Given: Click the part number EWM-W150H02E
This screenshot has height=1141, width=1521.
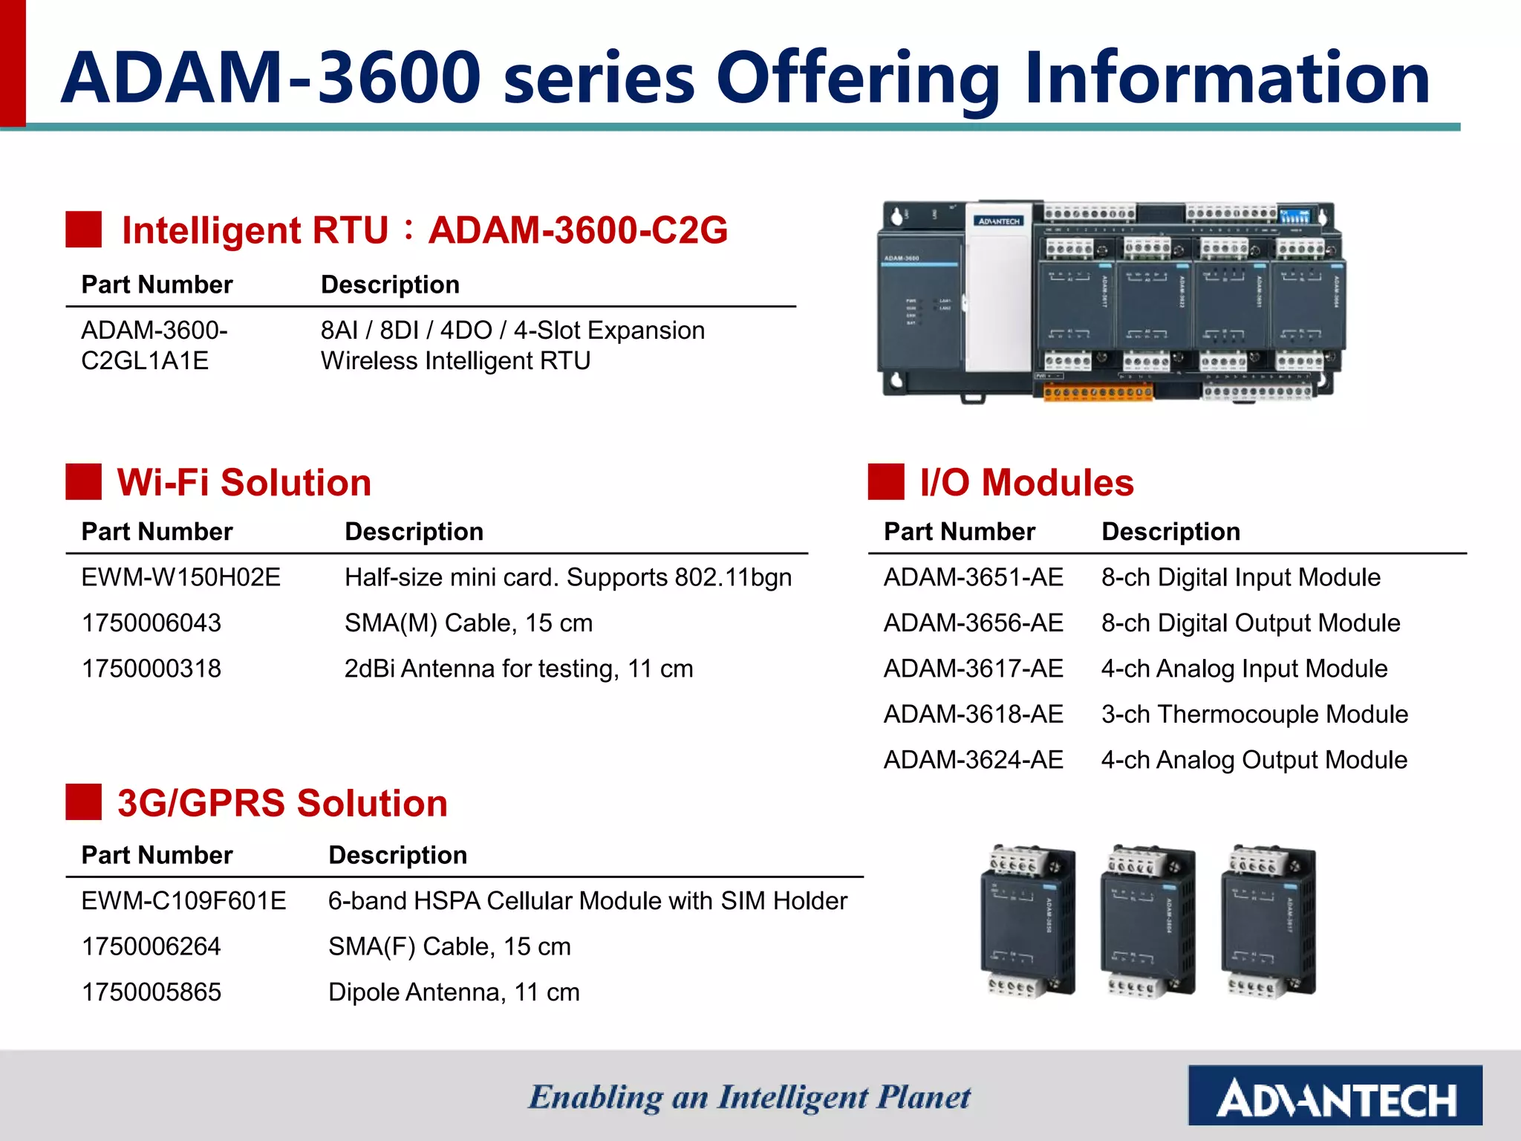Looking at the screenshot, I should (180, 577).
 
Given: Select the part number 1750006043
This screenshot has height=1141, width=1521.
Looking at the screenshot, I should (151, 622).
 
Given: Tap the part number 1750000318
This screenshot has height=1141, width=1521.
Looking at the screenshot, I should (151, 669).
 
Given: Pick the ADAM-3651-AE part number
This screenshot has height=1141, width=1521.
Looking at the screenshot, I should (973, 577).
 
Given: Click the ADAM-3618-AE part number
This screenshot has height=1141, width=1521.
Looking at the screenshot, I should (973, 714).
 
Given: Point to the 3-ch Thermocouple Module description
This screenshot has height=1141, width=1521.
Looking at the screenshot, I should (1254, 714).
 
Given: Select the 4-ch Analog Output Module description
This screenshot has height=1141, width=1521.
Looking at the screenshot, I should (1254, 760).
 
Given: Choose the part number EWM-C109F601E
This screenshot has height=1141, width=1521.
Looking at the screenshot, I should (183, 900).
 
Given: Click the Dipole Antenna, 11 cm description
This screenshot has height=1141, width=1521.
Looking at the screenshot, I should (454, 992).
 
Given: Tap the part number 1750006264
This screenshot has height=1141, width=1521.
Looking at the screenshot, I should (151, 946).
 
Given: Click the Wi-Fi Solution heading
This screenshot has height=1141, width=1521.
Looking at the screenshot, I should (244, 482).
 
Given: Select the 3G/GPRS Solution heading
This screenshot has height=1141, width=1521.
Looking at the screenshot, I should (282, 803).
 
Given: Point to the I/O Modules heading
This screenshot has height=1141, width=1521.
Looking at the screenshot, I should (1026, 482).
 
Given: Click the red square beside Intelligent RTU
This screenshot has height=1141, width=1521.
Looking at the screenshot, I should (83, 230).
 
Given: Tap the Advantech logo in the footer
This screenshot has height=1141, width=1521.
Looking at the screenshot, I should (1335, 1095).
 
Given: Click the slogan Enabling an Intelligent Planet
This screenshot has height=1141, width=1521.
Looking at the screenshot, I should (749, 1097).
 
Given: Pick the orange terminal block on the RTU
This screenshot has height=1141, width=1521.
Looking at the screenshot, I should (1098, 391).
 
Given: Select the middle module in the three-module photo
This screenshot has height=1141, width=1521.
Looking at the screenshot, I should (1147, 921).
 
